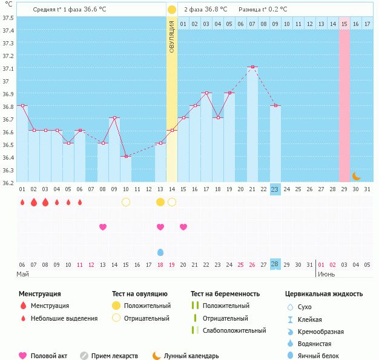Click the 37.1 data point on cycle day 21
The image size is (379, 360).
pyautogui.click(x=252, y=67)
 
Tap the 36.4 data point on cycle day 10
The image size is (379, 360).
pyautogui.click(x=126, y=156)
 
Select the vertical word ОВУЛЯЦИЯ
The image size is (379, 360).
pyautogui.click(x=171, y=37)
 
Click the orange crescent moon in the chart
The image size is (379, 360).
pyautogui.click(x=356, y=177)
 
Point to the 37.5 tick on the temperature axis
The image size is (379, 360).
pyautogui.click(x=8, y=18)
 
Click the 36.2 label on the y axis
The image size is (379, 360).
pyautogui.click(x=8, y=183)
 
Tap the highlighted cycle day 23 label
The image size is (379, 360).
pyautogui.click(x=275, y=189)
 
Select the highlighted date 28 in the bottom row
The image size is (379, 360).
pyautogui.click(x=275, y=264)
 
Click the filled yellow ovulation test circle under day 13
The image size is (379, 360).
pyautogui.click(x=160, y=202)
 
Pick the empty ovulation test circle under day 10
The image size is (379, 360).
pyautogui.click(x=126, y=202)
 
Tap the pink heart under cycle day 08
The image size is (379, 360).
pyautogui.click(x=103, y=227)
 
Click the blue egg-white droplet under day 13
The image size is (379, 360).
pyautogui.click(x=160, y=252)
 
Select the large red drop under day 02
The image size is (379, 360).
pyautogui.click(x=34, y=202)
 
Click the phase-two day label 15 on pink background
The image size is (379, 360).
pyautogui.click(x=344, y=24)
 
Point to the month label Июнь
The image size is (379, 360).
pyautogui.click(x=326, y=274)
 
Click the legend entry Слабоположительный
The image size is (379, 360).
pyautogui.click(x=234, y=330)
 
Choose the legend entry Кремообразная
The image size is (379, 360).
pyautogui.click(x=320, y=332)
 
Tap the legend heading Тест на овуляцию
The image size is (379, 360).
pyautogui.click(x=140, y=294)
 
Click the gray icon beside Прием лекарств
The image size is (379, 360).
pyautogui.click(x=84, y=356)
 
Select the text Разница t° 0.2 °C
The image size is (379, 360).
pyautogui.click(x=263, y=10)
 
